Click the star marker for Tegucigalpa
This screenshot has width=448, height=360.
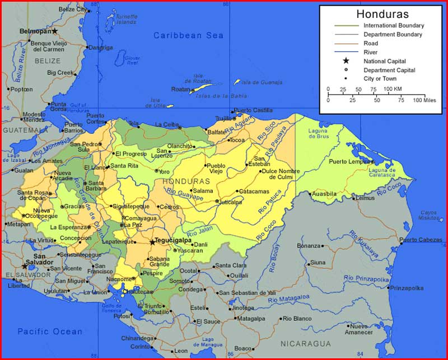pos(152,242)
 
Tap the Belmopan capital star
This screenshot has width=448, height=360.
pos(55,31)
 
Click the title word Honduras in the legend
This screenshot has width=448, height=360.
pos(382,15)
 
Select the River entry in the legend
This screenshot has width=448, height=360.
pos(371,52)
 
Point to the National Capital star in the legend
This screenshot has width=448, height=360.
pos(346,61)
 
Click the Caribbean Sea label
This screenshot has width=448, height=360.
pos(189,35)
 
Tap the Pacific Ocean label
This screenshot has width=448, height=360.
pos(50,331)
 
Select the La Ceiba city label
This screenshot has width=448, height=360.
pos(167,124)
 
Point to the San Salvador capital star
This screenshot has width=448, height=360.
pos(25,266)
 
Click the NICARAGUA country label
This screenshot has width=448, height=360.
pos(306,343)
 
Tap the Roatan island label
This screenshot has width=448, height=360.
pos(181,89)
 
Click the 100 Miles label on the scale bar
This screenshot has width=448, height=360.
pos(424,100)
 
